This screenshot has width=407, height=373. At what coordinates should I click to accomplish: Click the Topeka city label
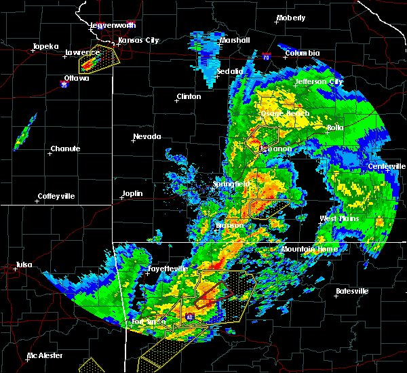pyautogui.click(x=45, y=47)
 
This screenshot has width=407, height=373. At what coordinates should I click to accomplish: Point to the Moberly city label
pyautogui.click(x=290, y=18)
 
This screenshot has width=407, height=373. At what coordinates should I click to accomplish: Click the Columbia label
pyautogui.click(x=302, y=53)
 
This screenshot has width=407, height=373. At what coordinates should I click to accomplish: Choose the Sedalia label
pyautogui.click(x=230, y=71)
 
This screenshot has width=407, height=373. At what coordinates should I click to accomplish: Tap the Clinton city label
pyautogui.click(x=188, y=97)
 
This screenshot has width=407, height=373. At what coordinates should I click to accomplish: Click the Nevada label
pyautogui.click(x=147, y=137)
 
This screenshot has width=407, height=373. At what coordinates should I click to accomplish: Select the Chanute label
pyautogui.click(x=65, y=149)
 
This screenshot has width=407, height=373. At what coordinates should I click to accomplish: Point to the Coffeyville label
pyautogui.click(x=56, y=197)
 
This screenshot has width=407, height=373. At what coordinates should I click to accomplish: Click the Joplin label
pyautogui.click(x=132, y=194)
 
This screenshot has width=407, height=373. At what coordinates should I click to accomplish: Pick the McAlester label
pyautogui.click(x=45, y=355)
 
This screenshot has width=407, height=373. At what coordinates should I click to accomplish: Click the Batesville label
pyautogui.click(x=351, y=291)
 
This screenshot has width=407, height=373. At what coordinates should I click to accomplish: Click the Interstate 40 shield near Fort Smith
pyautogui.click(x=189, y=316)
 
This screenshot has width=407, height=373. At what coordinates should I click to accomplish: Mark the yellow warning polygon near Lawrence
pyautogui.click(x=99, y=63)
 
